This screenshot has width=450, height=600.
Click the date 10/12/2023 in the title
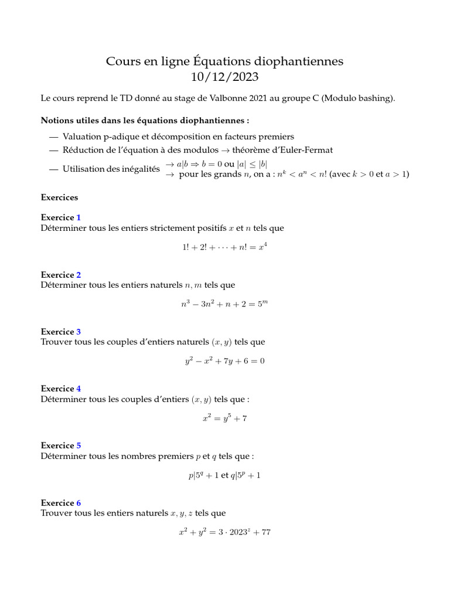pyautogui.click(x=224, y=77)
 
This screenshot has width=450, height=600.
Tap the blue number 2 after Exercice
pyautogui.click(x=79, y=275)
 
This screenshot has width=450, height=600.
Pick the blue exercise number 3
pyautogui.click(x=79, y=332)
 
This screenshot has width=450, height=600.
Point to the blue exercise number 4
pyautogui.click(x=79, y=388)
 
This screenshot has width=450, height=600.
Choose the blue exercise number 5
pyautogui.click(x=79, y=445)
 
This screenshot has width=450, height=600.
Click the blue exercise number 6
pyautogui.click(x=79, y=503)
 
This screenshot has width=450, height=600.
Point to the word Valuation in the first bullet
pyautogui.click(x=81, y=137)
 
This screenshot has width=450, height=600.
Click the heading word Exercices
pyautogui.click(x=59, y=197)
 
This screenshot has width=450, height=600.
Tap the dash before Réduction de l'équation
pyautogui.click(x=54, y=150)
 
